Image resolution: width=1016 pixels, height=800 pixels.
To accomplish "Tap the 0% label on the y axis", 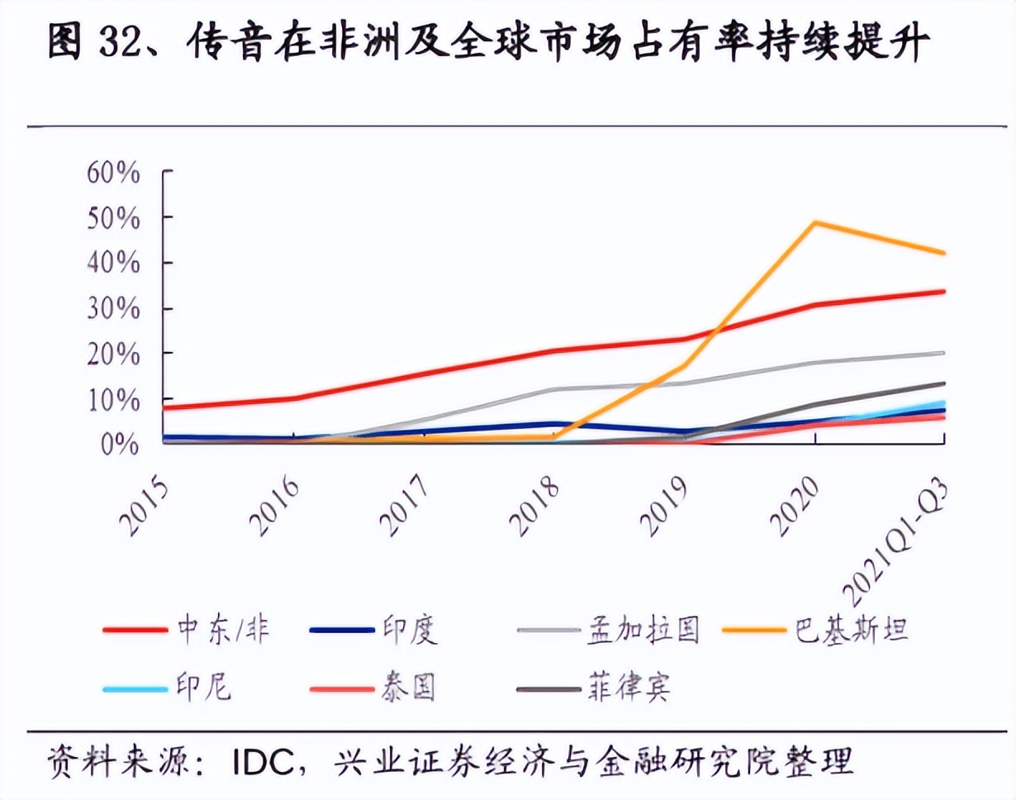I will pyautogui.click(x=120, y=443).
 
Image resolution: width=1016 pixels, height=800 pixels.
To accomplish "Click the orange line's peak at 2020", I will pyautogui.click(x=815, y=222).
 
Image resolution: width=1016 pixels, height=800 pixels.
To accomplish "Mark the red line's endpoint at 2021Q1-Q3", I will pyautogui.click(x=944, y=291).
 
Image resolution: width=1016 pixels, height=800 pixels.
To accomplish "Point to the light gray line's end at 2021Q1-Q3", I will pyautogui.click(x=944, y=353).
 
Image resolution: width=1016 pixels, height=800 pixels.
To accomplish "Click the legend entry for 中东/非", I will pyautogui.click(x=223, y=630).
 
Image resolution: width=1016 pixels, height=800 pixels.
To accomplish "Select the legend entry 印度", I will pyautogui.click(x=410, y=630).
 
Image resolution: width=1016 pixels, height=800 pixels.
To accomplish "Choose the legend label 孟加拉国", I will pyautogui.click(x=643, y=630).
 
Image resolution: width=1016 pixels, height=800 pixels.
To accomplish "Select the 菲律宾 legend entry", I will pyautogui.click(x=628, y=687).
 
